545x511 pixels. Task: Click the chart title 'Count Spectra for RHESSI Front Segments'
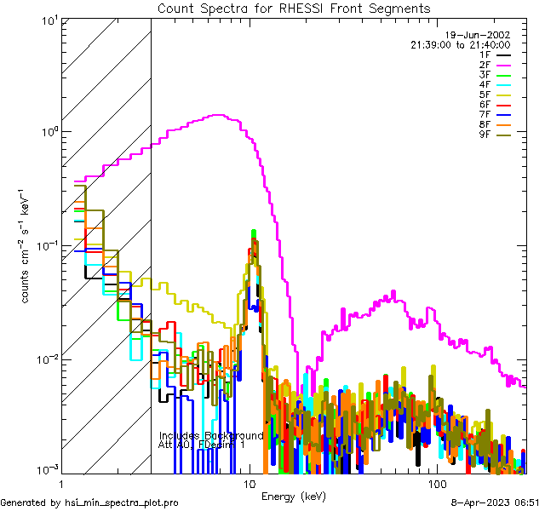coord(294,8)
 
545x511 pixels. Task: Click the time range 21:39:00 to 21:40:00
coord(460,44)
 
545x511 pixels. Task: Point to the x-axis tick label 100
coord(436,483)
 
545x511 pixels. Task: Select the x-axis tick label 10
coord(250,483)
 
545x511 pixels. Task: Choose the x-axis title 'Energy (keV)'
coord(294,496)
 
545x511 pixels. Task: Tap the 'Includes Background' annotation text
coord(210,435)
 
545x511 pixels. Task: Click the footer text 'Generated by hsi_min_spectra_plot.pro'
coord(89,503)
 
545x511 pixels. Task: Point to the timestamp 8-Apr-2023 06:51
coord(495,503)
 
